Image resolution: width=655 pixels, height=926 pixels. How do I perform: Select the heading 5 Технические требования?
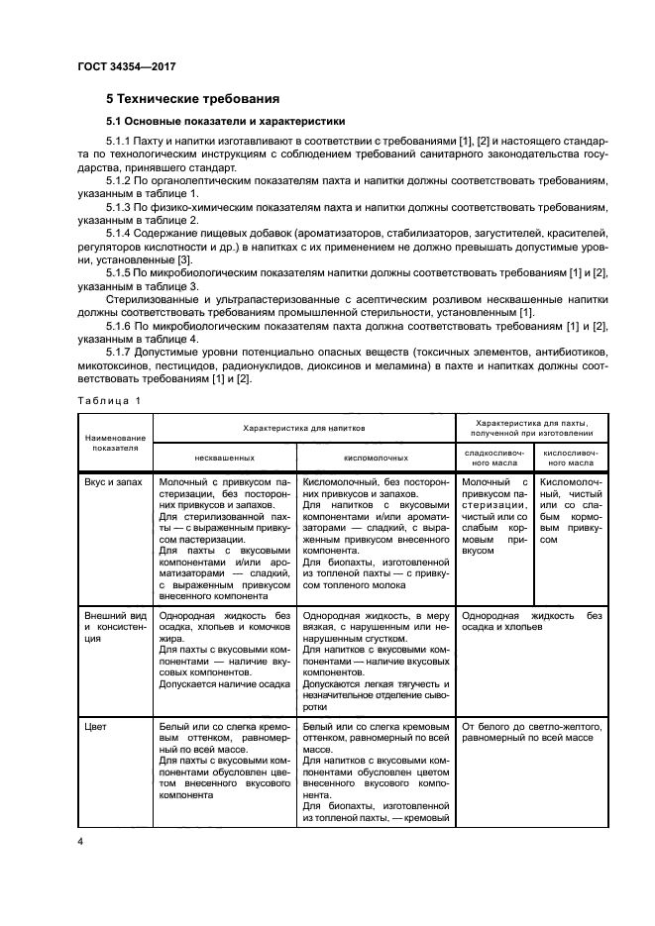(x=192, y=99)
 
